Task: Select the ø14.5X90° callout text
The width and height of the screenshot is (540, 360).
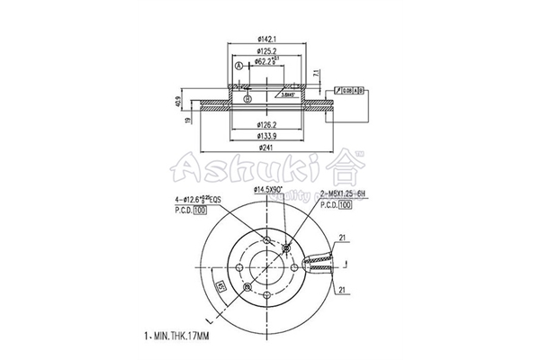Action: [x=267, y=191]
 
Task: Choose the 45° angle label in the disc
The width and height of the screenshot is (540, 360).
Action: [x=220, y=288]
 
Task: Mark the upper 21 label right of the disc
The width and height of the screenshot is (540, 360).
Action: [x=343, y=238]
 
